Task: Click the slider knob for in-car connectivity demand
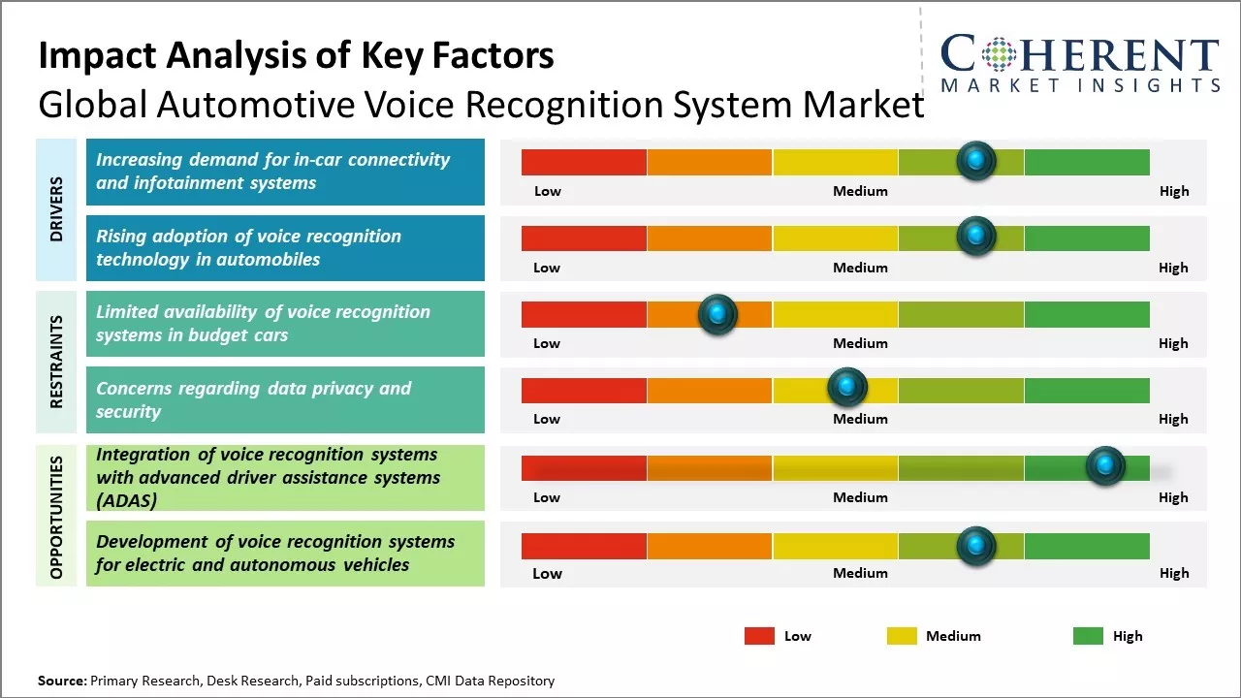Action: (976, 160)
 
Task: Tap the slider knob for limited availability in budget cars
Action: (717, 313)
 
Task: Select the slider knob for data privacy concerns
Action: (847, 388)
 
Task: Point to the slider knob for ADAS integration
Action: (1105, 466)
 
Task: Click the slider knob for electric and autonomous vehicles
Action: (976, 546)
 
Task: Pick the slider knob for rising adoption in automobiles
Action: (976, 236)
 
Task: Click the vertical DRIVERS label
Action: (57, 209)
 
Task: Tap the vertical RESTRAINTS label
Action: (57, 361)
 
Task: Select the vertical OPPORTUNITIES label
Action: (57, 517)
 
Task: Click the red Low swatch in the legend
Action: (759, 636)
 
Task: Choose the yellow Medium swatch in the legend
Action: (902, 636)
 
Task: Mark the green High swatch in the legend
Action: (1088, 636)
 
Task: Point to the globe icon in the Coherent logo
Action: (998, 54)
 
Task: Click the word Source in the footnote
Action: (61, 681)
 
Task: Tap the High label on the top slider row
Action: (1173, 191)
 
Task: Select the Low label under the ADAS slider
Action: (547, 497)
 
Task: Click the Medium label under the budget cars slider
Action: (860, 343)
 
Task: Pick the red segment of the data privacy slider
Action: (584, 390)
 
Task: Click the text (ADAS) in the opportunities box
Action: (126, 501)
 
